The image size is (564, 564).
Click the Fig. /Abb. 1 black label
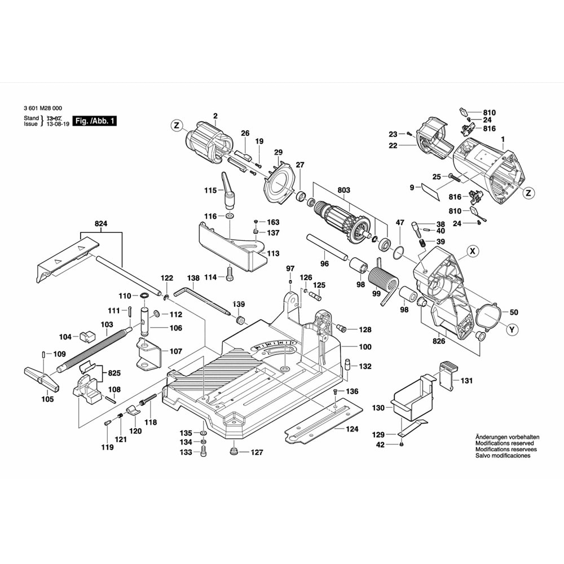[x=95, y=121]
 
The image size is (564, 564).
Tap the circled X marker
[x=473, y=251]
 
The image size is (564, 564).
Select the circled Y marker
[x=511, y=329]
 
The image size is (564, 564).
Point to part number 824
[x=101, y=224]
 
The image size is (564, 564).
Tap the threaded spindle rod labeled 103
[x=94, y=347]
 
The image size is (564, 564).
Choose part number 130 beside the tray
[x=377, y=407]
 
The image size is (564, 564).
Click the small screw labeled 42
[x=401, y=444]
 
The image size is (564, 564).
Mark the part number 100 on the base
[x=365, y=346]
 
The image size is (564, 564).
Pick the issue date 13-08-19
[x=56, y=124]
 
